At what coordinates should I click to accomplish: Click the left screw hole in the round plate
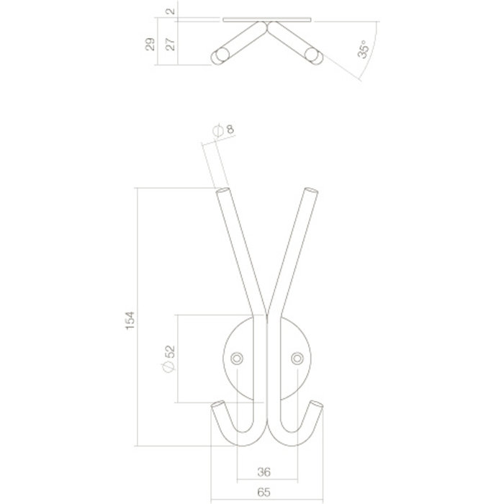click(235, 358)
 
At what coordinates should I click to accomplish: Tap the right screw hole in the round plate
click(296, 358)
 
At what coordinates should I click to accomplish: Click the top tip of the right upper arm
click(310, 192)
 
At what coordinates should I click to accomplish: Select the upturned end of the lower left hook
click(217, 404)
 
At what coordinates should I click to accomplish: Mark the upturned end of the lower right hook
click(316, 404)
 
